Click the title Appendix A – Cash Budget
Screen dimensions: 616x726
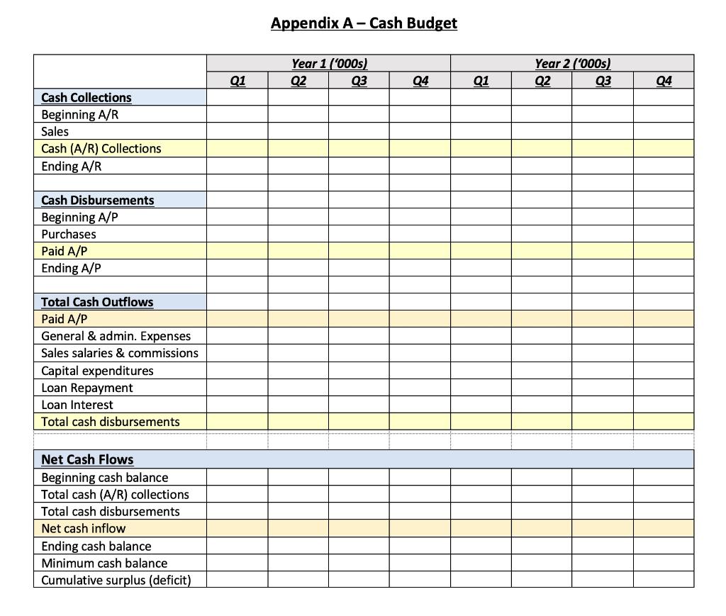(x=364, y=23)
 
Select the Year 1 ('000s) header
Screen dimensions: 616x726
(x=329, y=64)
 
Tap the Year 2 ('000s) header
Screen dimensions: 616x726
(x=572, y=64)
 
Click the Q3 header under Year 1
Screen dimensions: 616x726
(x=359, y=81)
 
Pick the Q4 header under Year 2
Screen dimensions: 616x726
(x=664, y=81)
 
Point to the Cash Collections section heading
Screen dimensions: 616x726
(x=86, y=98)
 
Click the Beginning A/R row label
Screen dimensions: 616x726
(x=79, y=115)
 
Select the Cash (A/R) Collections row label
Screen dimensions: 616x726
(x=101, y=149)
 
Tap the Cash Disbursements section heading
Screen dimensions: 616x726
(x=97, y=201)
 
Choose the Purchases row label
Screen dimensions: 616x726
(x=69, y=234)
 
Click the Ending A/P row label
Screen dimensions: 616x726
(x=71, y=268)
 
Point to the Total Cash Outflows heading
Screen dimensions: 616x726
(x=97, y=302)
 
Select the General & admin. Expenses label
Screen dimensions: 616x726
(x=116, y=336)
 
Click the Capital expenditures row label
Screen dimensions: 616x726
(x=97, y=371)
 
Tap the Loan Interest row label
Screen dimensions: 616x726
(x=77, y=405)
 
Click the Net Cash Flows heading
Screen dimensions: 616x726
(x=87, y=459)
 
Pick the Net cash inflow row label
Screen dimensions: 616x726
(x=83, y=528)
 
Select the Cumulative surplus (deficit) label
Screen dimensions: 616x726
(x=116, y=580)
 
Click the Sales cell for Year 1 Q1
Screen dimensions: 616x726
(x=238, y=132)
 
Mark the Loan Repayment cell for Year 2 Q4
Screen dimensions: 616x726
(x=664, y=388)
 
